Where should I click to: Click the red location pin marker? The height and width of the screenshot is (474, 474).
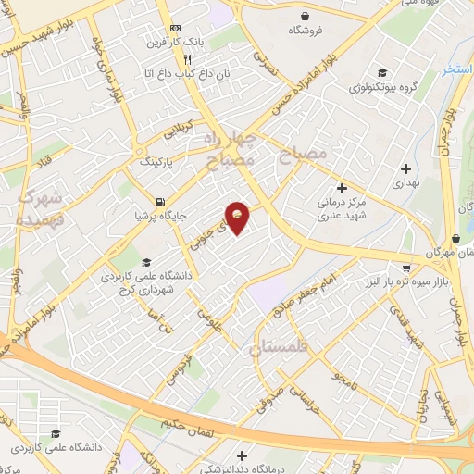[x=239, y=217]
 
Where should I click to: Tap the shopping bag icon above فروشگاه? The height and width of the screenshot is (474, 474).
[x=305, y=15]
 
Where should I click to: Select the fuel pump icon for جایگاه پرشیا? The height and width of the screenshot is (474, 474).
[x=162, y=203]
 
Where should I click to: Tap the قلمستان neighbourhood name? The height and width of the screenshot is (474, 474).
[x=281, y=347]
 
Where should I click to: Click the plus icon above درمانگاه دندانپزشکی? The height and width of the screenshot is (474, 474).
[x=242, y=455]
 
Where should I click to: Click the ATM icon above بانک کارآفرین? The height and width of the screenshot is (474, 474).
[x=176, y=29]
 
